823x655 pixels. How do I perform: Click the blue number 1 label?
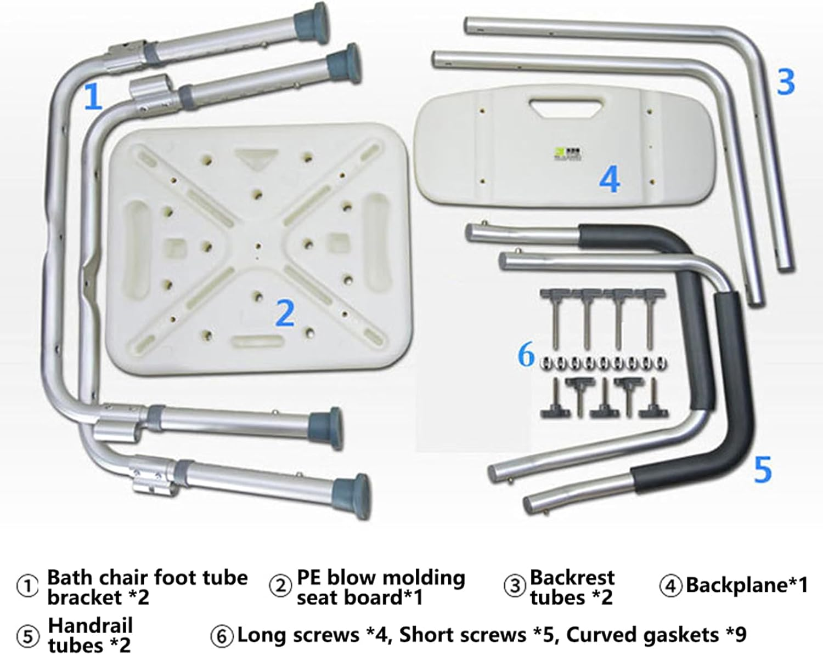click(x=93, y=96)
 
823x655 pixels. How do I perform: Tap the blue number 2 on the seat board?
click(x=285, y=313)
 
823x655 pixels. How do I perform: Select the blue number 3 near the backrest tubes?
click(x=785, y=82)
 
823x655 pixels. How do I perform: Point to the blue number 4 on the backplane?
click(x=610, y=179)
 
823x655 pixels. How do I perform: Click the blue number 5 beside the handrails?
click(x=763, y=470)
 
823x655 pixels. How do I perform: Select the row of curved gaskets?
click(x=602, y=362)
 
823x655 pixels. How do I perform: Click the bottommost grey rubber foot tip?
click(x=354, y=496)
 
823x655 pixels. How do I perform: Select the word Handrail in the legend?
click(x=90, y=625)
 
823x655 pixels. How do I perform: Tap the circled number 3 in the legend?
click(x=515, y=586)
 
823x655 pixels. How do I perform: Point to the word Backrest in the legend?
click(x=572, y=577)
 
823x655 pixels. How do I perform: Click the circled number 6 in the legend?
click(x=222, y=636)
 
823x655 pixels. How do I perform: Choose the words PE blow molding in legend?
click(x=380, y=577)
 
